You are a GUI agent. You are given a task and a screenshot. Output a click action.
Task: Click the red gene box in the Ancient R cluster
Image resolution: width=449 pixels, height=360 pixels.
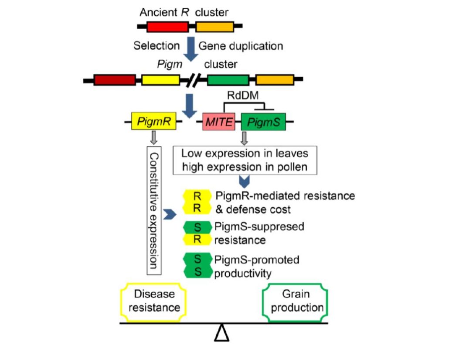pos(167,27)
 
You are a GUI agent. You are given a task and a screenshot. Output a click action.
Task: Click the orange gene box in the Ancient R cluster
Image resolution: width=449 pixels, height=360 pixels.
pos(214,27)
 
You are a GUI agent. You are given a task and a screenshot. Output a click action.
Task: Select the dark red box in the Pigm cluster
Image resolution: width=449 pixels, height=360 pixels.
pos(114,80)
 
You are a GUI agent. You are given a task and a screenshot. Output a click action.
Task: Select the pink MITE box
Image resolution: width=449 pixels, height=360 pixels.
pos(221,123)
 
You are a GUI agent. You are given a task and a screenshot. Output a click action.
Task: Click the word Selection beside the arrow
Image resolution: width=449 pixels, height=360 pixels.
pos(156,46)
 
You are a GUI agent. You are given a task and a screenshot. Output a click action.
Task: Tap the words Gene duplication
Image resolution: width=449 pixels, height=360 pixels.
pos(241,46)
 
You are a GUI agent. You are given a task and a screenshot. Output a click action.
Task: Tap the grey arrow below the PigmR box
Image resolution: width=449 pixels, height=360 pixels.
pos(153,139)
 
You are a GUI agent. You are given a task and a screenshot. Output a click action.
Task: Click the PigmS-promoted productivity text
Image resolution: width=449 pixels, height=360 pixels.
pos(256,266)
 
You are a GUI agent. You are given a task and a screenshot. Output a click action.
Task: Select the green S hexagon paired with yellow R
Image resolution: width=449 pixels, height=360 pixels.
pos(197,227)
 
